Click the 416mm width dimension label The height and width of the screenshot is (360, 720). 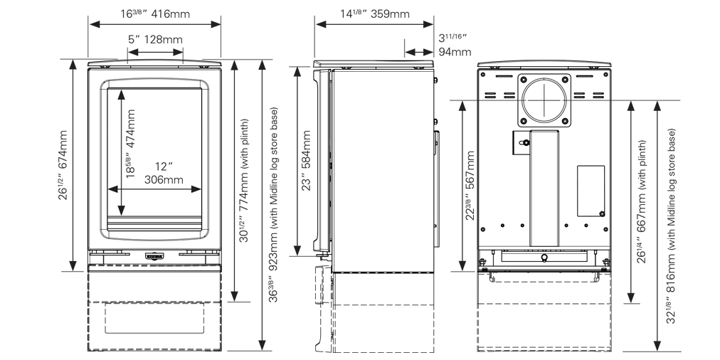155,14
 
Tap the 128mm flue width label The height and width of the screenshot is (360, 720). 155,40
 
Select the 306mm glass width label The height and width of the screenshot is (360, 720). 164,173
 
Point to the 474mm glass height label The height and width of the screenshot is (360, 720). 130,144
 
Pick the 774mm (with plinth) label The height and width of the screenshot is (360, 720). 243,181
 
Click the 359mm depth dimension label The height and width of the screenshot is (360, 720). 375,14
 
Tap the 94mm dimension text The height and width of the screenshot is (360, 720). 454,45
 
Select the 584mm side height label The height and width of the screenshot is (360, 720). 306,160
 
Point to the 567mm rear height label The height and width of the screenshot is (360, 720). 470,186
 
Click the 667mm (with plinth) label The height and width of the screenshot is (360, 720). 642,201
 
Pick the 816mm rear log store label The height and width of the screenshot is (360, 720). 672,226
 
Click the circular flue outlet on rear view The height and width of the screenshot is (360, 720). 544,100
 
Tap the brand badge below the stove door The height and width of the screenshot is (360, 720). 154,255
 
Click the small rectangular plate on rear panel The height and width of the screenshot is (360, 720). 591,191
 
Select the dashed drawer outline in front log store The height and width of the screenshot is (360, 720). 154,318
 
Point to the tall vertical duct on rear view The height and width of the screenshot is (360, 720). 544,189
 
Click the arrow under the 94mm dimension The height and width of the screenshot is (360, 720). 419,52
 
